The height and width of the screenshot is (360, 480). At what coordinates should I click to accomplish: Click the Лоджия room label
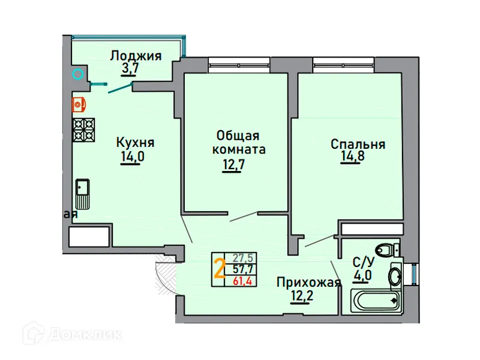point(136,56)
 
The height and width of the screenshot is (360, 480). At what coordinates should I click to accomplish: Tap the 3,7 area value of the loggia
point(130,69)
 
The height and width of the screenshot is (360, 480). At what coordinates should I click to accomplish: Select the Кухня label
point(135,143)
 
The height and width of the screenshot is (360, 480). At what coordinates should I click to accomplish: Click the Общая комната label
point(239,142)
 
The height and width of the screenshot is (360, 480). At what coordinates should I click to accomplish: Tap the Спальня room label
point(358,144)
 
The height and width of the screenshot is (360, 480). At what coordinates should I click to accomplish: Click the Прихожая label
point(308,283)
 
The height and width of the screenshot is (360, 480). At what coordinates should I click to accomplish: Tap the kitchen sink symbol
point(82,193)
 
